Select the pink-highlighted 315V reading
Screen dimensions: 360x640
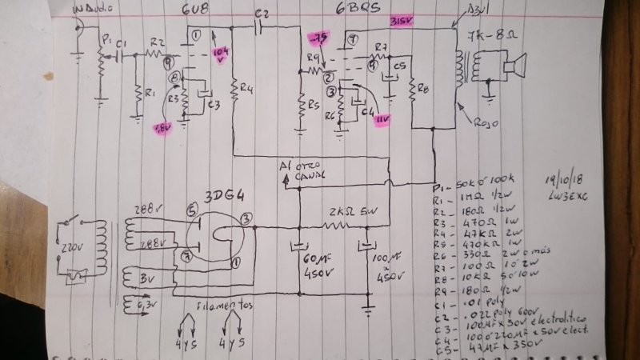point(401,21)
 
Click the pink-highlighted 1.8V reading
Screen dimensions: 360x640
point(162,127)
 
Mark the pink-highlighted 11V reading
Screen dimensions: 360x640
point(383,118)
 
